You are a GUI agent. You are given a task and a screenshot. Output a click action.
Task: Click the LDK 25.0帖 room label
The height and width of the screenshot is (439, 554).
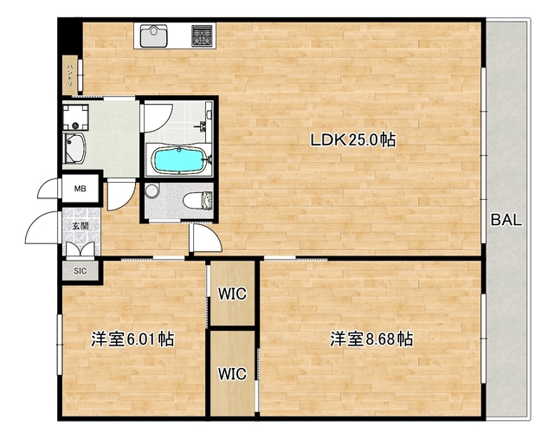coord(354,139)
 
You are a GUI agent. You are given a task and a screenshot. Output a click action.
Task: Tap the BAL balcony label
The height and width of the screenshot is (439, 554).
coord(506,220)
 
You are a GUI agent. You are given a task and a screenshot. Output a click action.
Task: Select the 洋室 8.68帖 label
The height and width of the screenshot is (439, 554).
coord(370,339)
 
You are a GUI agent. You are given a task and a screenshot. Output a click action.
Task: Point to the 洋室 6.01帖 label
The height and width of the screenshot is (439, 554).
coord(132,339)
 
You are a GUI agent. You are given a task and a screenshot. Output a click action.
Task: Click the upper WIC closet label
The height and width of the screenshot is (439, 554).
coord(232,294)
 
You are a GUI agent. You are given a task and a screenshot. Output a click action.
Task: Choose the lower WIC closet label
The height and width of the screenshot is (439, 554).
coord(232,374)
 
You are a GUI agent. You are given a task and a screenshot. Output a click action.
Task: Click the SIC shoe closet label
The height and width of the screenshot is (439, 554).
coord(80,271)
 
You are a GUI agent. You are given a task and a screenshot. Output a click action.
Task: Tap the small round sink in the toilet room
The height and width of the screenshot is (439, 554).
coord(152,190)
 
